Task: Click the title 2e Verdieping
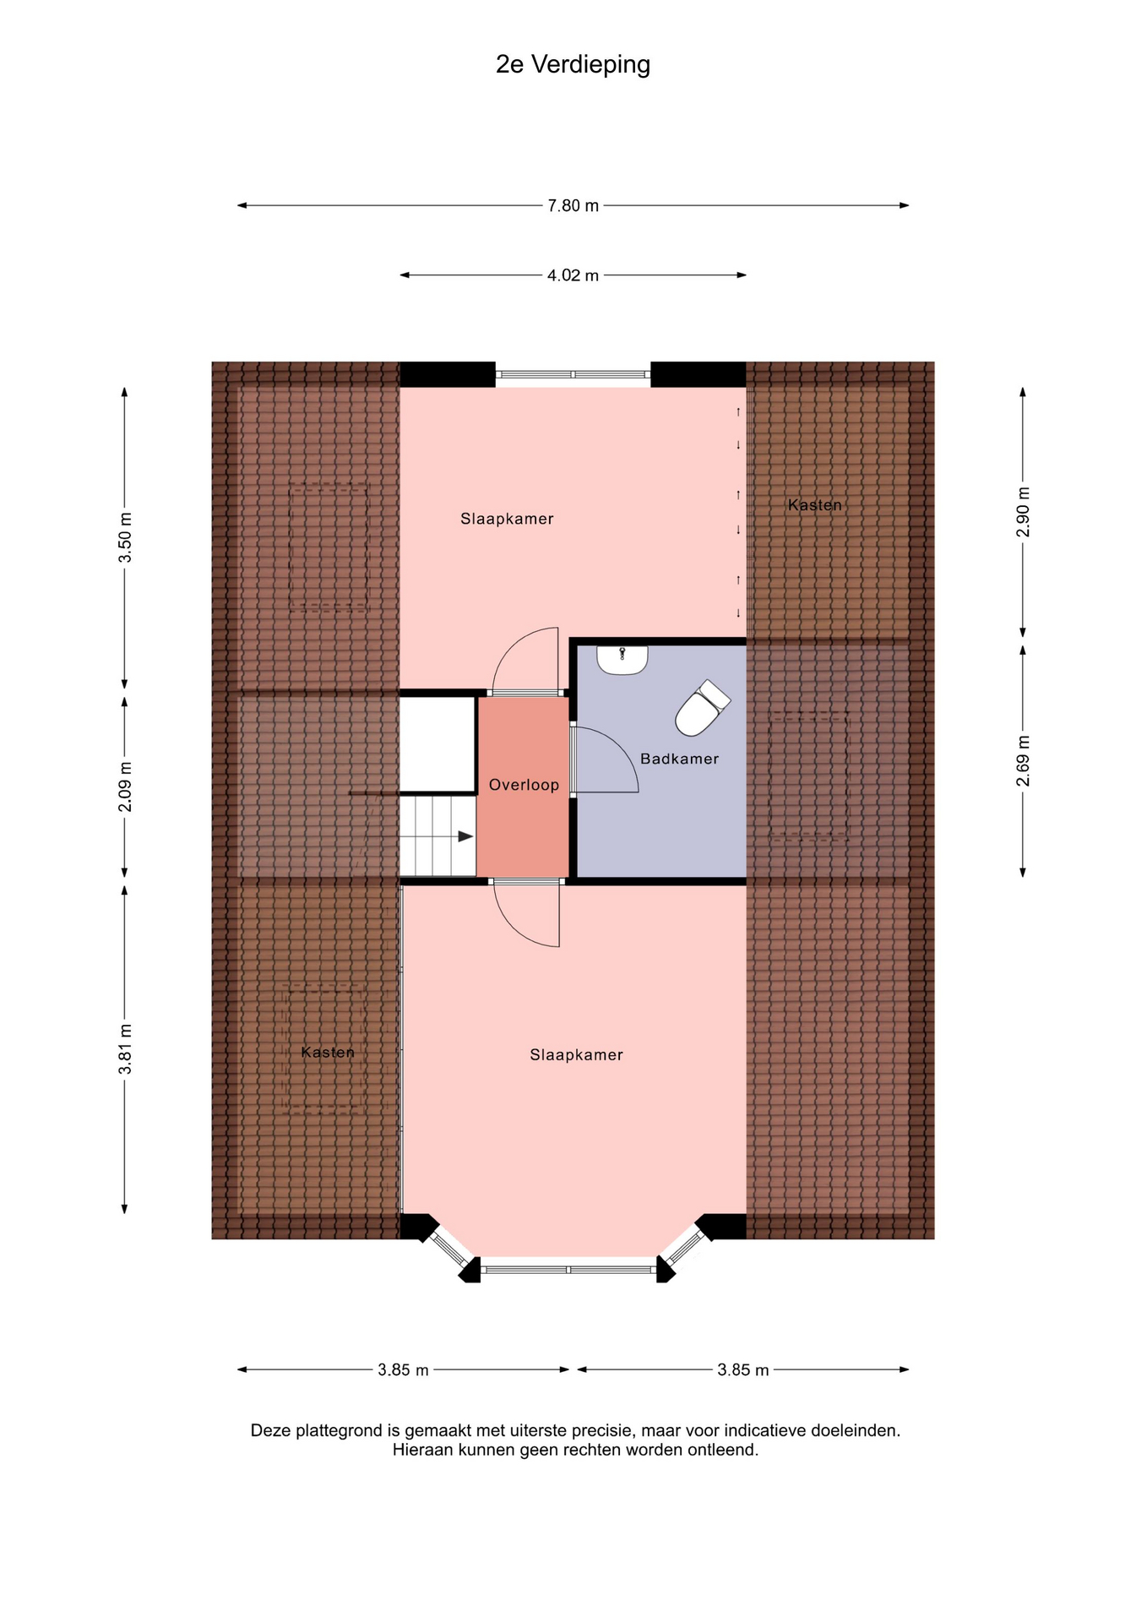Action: [x=573, y=65]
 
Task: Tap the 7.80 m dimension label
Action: [x=573, y=205]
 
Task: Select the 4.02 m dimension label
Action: [x=573, y=275]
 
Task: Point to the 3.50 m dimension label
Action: [x=125, y=537]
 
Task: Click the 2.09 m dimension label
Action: [x=125, y=787]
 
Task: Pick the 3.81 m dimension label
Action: [x=125, y=1049]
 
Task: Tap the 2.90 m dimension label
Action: [x=1023, y=512]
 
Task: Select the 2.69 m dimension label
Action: [x=1023, y=761]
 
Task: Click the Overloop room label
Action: [x=524, y=785]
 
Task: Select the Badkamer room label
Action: [x=679, y=759]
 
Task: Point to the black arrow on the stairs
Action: [x=465, y=836]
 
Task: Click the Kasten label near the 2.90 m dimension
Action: [x=815, y=505]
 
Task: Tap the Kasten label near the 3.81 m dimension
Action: [x=328, y=1053]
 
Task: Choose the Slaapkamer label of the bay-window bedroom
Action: [x=576, y=1055]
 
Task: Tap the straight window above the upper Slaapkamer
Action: [x=573, y=374]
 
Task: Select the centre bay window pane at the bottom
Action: [x=568, y=1269]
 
